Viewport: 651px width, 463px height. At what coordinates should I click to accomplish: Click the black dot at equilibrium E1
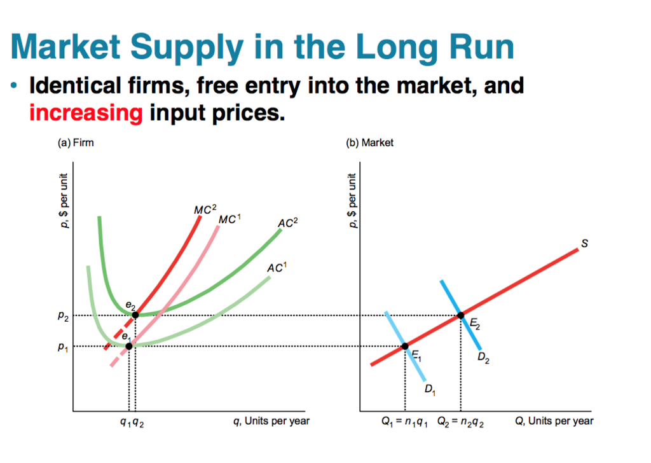[405, 347]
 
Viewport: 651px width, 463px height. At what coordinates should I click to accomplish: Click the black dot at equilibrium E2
[461, 315]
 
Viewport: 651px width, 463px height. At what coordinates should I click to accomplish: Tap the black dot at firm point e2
[135, 315]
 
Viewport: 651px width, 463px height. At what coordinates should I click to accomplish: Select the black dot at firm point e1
[129, 346]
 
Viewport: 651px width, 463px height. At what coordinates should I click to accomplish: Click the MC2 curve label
[205, 210]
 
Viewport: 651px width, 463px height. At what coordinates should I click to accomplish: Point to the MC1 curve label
[230, 219]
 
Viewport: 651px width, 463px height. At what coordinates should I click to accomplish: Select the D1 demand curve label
[430, 389]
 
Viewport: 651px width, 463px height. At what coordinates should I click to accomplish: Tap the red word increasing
[86, 113]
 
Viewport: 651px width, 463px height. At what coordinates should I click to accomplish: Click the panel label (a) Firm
[75, 142]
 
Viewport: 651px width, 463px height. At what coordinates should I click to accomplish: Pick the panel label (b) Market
[369, 142]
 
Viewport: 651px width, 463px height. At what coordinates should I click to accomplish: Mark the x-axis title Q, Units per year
[554, 420]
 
